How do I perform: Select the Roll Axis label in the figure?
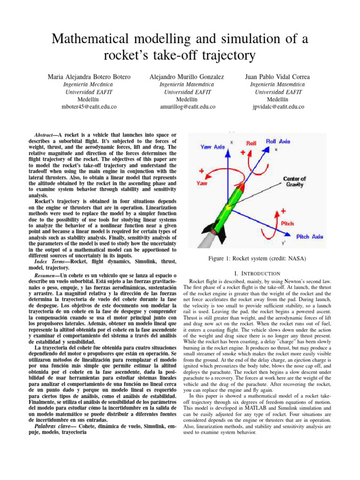[278, 141]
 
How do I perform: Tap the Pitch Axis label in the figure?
[309, 237]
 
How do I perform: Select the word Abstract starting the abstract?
[46, 135]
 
